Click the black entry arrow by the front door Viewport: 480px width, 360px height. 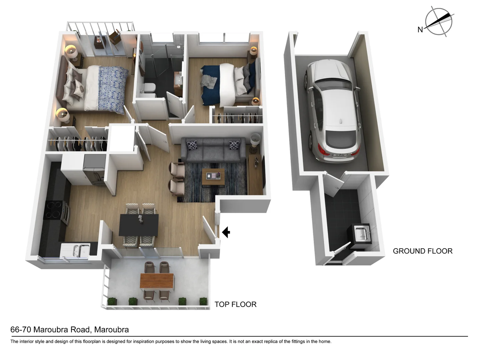[226, 232]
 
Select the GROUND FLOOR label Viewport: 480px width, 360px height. [422, 251]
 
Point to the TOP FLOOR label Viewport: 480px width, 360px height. [235, 304]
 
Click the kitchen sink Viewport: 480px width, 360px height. [77, 250]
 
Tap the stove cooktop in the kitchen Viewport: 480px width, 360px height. [53, 210]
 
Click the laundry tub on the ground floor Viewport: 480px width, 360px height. [361, 234]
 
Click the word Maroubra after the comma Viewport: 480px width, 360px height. [111, 330]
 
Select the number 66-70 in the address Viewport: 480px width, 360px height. [21, 330]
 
